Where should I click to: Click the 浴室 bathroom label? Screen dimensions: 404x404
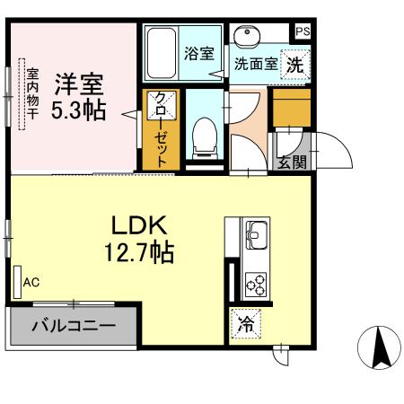click(x=198, y=52)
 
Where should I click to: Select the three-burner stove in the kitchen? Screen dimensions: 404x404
click(x=255, y=284)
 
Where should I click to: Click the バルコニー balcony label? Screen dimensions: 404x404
click(x=74, y=325)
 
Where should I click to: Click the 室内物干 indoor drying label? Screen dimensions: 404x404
click(x=31, y=94)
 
